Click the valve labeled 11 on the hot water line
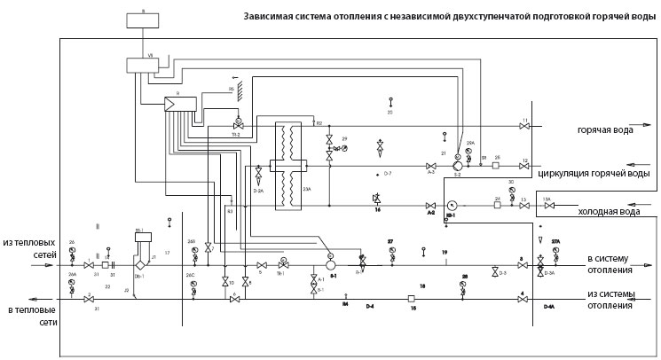coord(524,128)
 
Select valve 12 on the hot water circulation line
coord(524,166)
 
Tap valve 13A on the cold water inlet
coord(548,206)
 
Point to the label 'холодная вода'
coord(610,212)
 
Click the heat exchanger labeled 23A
coord(287,166)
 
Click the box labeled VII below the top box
coord(142,64)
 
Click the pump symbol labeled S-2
coord(458,166)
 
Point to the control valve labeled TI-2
coord(238,121)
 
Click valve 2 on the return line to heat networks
coord(88,300)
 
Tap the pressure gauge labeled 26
coord(73,251)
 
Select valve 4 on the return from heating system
coord(523,300)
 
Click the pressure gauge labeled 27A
coord(556,250)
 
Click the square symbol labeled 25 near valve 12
coord(497,166)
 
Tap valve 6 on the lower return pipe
coord(234,300)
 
